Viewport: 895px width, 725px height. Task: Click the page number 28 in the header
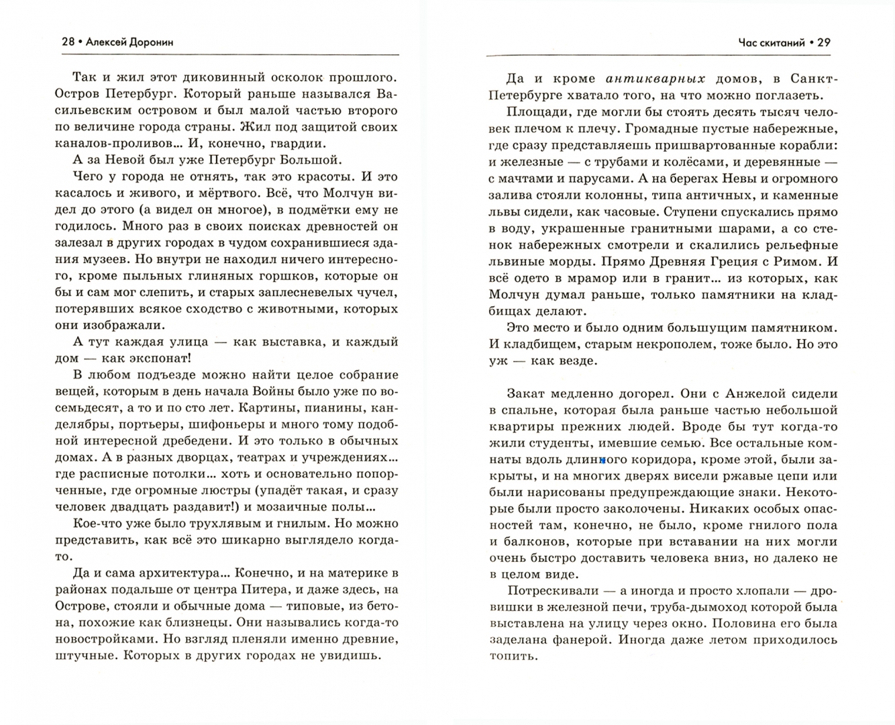point(68,42)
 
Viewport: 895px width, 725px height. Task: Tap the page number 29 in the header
point(825,42)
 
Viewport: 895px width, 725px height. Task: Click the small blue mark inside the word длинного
point(603,461)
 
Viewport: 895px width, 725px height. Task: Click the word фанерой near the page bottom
point(582,639)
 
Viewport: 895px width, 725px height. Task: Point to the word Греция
point(710,262)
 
